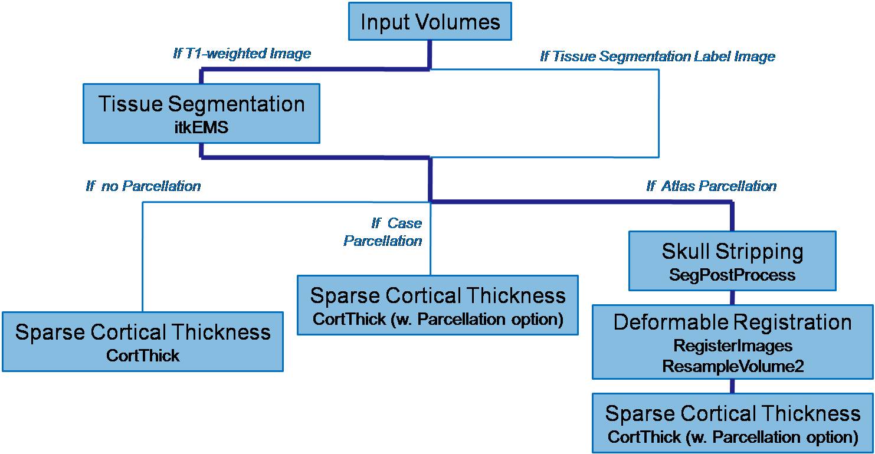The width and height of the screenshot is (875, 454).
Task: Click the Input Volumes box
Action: click(x=430, y=22)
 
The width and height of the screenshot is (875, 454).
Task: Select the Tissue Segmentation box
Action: click(x=201, y=113)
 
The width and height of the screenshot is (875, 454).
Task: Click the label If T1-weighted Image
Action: click(x=242, y=54)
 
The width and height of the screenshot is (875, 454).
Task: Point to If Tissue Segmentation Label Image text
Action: click(x=657, y=57)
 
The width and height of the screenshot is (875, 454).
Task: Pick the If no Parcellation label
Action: click(x=143, y=186)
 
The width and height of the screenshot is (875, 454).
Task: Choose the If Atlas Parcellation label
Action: click(x=711, y=186)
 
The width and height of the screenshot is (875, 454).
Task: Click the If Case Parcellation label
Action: click(x=384, y=232)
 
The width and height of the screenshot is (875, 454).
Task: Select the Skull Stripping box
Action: click(x=732, y=261)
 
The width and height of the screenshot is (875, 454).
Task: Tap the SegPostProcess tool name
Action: click(x=732, y=275)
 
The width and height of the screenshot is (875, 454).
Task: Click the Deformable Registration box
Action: click(x=732, y=341)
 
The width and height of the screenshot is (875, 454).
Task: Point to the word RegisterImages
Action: click(x=732, y=345)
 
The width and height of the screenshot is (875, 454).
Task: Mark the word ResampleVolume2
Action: click(x=732, y=366)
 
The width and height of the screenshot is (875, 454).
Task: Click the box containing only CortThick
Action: click(x=143, y=341)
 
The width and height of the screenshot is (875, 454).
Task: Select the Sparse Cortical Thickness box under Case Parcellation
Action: click(x=437, y=305)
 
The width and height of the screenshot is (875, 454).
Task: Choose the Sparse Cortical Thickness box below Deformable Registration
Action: click(x=732, y=423)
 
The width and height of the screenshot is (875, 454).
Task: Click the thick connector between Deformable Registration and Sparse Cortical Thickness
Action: click(x=732, y=386)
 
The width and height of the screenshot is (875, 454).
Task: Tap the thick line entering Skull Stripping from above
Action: click(x=732, y=217)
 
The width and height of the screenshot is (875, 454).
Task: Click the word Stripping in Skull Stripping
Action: click(x=759, y=252)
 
